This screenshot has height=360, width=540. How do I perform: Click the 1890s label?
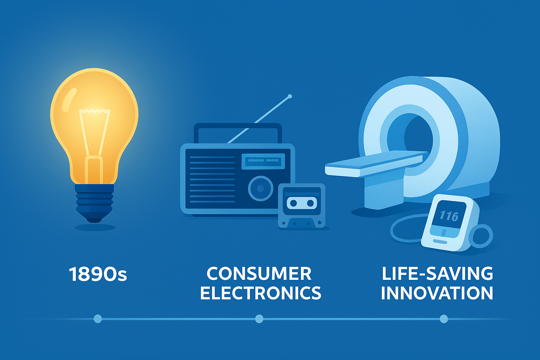(98, 274)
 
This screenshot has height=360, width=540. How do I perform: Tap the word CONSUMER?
(259, 274)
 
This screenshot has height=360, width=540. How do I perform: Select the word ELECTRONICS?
(261, 293)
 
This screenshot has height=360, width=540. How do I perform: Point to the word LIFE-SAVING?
(437, 274)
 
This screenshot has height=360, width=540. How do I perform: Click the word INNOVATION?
(437, 293)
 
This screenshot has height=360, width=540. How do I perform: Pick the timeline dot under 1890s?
(98, 319)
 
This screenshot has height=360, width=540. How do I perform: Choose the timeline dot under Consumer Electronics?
(259, 319)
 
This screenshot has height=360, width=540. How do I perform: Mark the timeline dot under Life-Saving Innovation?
(444, 319)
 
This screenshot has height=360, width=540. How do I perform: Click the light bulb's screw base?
(94, 202)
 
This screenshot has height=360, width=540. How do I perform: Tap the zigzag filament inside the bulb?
(94, 111)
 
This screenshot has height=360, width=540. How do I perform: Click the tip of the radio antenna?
(290, 96)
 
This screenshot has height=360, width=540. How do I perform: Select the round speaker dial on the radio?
(261, 188)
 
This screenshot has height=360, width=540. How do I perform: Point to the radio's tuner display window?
(263, 161)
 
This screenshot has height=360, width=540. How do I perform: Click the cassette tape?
(302, 206)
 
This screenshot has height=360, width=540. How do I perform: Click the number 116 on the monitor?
(449, 216)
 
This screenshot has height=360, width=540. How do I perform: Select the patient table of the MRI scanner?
(376, 164)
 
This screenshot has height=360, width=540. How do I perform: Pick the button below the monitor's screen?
(440, 242)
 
